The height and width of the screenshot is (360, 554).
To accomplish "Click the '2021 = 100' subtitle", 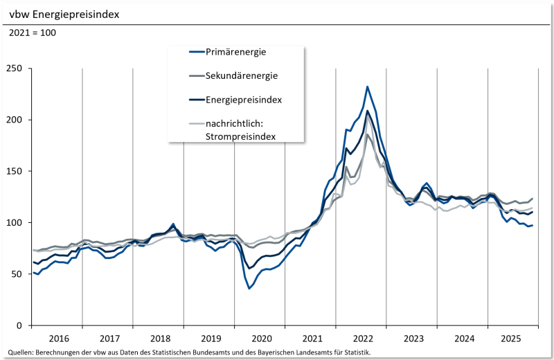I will click(33, 33).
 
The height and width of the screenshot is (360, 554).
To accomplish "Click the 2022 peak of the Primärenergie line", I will click(367, 87).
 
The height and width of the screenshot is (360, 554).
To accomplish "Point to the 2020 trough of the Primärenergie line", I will click(249, 288).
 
